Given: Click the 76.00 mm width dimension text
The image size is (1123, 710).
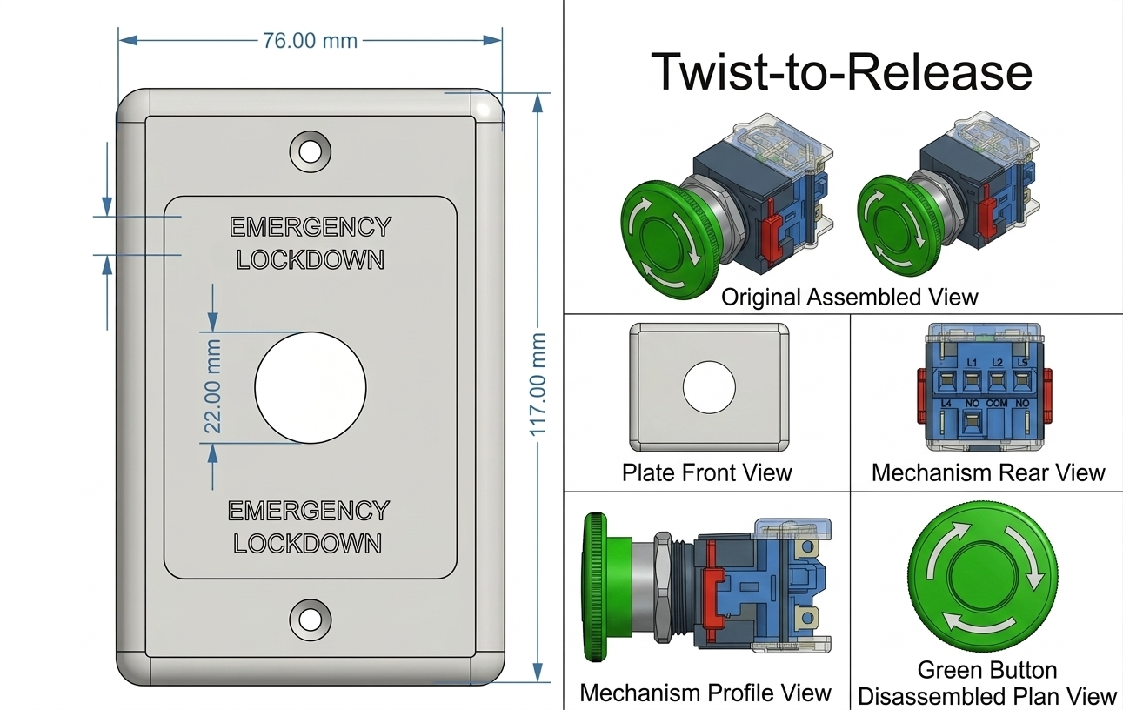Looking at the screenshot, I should [310, 40].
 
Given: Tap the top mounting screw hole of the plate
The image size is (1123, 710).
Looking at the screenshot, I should [310, 151].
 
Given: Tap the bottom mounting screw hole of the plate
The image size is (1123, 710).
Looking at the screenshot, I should [310, 618].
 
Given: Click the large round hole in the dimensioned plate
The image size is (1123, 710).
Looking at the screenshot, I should [310, 385].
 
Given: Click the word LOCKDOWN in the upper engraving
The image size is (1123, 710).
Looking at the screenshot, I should [310, 259].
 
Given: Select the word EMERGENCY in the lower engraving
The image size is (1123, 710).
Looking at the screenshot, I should [309, 511].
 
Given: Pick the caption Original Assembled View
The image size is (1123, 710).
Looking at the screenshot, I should [849, 297].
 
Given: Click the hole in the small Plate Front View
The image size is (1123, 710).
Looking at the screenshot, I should [709, 386].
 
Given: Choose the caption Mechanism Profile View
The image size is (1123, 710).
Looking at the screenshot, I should [705, 693].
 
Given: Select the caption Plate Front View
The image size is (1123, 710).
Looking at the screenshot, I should [706, 472].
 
